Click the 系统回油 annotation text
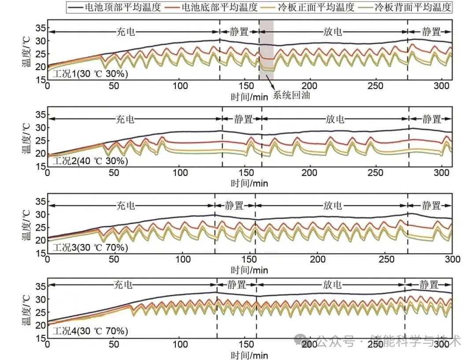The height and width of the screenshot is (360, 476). [291, 95]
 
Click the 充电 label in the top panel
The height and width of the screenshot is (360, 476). [125, 32]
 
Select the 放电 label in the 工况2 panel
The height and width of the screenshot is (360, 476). [335, 119]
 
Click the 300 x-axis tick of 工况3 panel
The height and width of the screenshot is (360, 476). [452, 259]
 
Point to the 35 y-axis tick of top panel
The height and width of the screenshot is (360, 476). [41, 28]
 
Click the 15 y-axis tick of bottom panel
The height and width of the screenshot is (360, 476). [41, 338]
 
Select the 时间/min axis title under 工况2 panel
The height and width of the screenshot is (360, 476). [249, 183]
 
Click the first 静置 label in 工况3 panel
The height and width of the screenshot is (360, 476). [234, 206]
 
